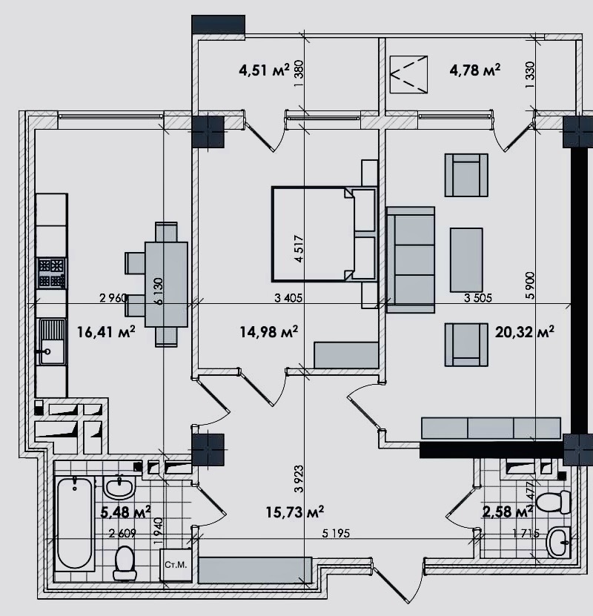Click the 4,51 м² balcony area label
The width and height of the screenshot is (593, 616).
[x=263, y=70]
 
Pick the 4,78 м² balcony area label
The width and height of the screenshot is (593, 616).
[x=474, y=70]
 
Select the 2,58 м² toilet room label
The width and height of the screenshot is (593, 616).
[x=508, y=511]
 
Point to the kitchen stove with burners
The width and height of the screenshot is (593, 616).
[x=52, y=272]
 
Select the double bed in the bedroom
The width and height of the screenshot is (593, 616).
[x=315, y=234]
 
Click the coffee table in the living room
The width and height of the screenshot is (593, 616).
[x=466, y=258]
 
